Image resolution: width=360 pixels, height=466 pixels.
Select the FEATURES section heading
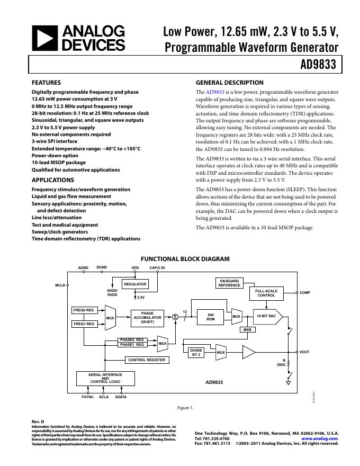(x=46, y=83)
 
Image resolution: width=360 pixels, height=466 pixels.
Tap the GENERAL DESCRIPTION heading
(x=229, y=83)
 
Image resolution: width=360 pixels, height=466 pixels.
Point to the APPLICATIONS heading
(x=53, y=180)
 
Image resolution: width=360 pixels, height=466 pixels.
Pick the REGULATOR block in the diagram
(x=135, y=284)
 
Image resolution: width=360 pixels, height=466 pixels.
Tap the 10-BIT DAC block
(x=266, y=316)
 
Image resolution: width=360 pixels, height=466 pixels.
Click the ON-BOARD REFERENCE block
(x=229, y=283)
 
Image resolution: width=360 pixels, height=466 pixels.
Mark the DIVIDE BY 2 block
(x=196, y=352)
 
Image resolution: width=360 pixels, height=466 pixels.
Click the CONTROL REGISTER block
(x=147, y=360)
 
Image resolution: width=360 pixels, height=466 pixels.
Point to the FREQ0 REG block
(x=84, y=310)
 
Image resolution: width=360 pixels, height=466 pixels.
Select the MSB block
(x=246, y=330)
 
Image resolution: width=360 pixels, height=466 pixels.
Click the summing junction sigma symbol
(x=175, y=317)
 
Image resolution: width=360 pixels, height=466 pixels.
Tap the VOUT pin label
(x=304, y=352)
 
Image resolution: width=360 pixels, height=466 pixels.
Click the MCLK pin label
(x=60, y=285)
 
